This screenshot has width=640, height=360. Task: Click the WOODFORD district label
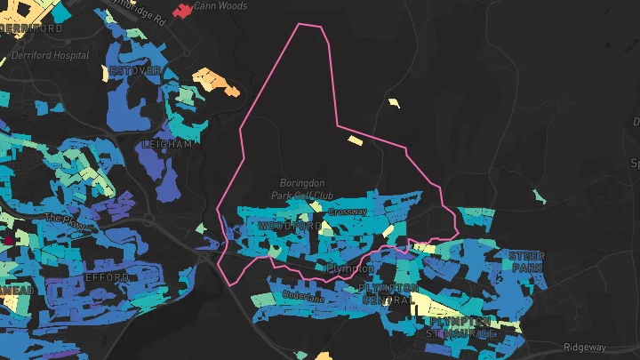pos(289,227)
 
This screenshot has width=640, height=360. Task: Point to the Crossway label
pos(348,212)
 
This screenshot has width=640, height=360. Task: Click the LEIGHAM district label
pos(166,143)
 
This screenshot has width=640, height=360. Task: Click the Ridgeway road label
pos(585,347)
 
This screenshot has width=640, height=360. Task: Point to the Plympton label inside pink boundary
pos(350,268)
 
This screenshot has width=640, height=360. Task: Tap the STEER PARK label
pos(525,261)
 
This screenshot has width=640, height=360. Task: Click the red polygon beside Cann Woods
pos(182,11)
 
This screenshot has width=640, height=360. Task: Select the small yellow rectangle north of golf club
pos(356,140)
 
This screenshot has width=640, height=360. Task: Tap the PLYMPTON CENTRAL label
pos(389,294)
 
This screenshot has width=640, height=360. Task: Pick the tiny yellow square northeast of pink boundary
pos(394,103)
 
